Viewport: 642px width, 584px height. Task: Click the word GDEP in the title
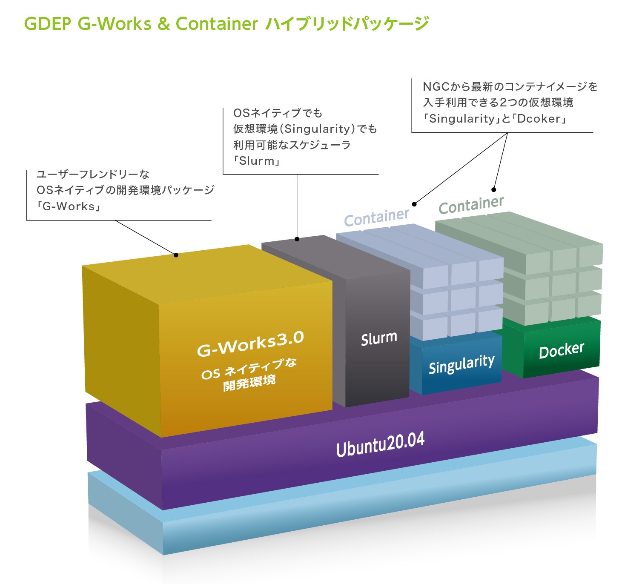pos(47,24)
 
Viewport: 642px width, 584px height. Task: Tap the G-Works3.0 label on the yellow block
pos(250,344)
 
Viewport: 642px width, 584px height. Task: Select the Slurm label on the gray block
pos(379,339)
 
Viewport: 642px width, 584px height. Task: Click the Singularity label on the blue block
pos(461,365)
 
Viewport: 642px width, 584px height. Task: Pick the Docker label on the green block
pos(562,351)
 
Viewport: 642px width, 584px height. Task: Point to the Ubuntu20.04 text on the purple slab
pos(380,444)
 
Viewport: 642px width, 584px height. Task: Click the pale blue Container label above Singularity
pos(376,218)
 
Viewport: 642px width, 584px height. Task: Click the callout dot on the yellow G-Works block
pos(176,255)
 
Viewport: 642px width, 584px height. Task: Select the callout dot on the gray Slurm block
pos(297,239)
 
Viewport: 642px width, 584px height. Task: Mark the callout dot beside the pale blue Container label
pos(414,204)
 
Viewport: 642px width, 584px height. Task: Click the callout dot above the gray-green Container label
pos(494,189)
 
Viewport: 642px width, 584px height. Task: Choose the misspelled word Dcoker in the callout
pos(539,119)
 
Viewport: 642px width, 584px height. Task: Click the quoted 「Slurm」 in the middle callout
pos(257,161)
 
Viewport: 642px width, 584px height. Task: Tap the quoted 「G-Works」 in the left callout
pos(69,206)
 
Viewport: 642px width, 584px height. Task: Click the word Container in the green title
pos(217,24)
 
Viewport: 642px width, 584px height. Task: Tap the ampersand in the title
pos(163,24)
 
